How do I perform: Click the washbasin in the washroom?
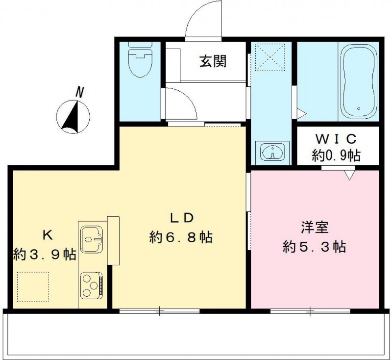(x=272, y=152)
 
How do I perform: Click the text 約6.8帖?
(x=181, y=238)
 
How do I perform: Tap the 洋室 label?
(x=315, y=227)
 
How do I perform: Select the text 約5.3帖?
(x=315, y=246)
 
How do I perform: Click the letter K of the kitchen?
(x=47, y=235)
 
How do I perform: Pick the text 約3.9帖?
(x=44, y=255)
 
